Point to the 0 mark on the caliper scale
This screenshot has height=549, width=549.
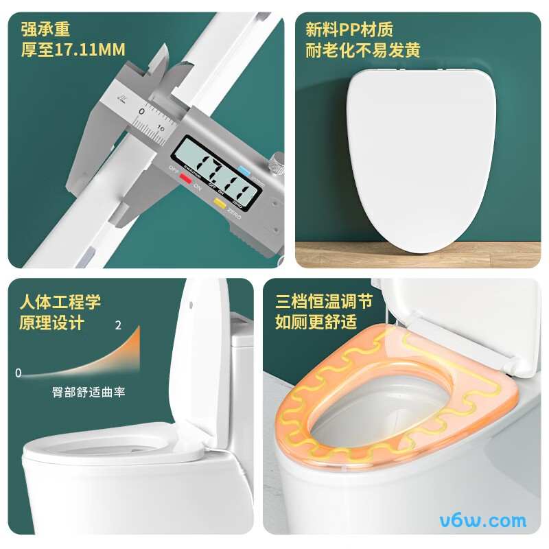point(141,111)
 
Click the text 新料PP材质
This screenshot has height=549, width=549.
point(349,30)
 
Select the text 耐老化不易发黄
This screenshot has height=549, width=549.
point(362,50)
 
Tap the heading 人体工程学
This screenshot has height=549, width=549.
point(60,302)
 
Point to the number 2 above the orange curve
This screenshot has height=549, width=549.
point(118,325)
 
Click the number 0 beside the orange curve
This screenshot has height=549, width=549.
point(19,373)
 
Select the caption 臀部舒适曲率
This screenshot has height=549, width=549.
point(89,393)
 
